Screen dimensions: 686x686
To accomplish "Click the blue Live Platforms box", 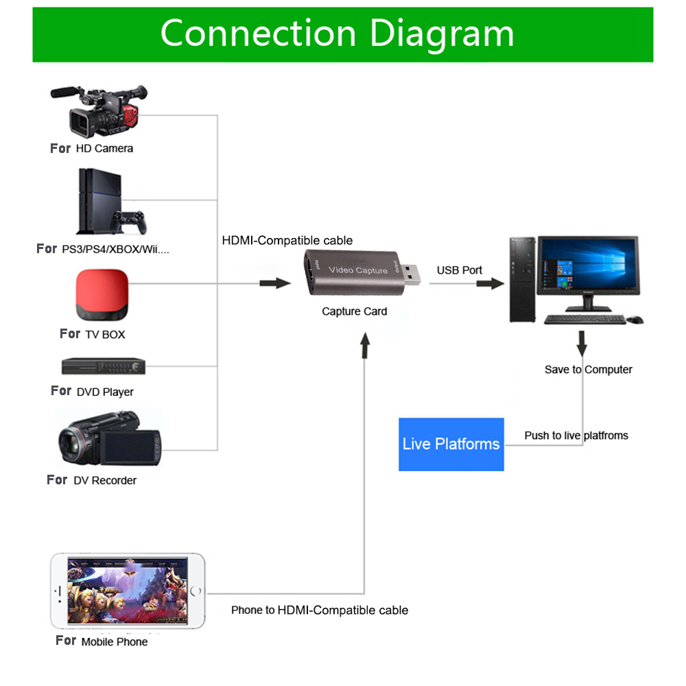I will click(x=451, y=444).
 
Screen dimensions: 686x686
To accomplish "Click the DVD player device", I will click(x=104, y=366).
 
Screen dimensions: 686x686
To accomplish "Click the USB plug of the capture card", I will click(x=410, y=274).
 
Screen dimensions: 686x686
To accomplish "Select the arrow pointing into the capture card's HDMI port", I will click(x=276, y=283).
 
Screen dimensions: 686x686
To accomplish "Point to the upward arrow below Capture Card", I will click(x=364, y=346).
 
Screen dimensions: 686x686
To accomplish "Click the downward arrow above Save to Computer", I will click(x=582, y=343).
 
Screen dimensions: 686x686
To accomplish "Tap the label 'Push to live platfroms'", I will click(x=576, y=436).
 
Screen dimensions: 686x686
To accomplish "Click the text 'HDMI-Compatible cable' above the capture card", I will click(x=287, y=240).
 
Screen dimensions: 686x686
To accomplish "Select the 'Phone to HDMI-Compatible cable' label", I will click(x=320, y=610).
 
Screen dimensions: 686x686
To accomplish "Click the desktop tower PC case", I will click(x=521, y=279).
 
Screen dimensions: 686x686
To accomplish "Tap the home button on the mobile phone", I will click(x=197, y=591).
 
